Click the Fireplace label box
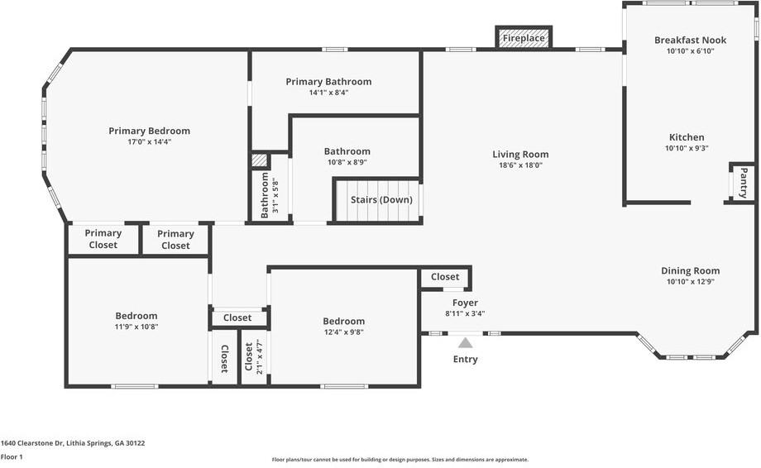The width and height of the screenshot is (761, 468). [x=523, y=37]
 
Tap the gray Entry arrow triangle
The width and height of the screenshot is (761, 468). [x=466, y=343]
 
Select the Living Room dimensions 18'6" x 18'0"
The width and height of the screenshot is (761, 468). [x=521, y=165]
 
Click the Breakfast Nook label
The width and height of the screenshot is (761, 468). [x=690, y=41]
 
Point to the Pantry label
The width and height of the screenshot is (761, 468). [x=743, y=183]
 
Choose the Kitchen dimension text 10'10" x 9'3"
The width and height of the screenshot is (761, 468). [x=687, y=148]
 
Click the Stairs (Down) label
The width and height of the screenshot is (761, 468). [x=381, y=200]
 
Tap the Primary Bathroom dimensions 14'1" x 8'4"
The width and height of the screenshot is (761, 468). [x=329, y=93]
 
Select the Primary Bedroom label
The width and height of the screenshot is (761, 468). [x=149, y=131]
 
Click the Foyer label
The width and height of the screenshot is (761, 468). [x=465, y=303]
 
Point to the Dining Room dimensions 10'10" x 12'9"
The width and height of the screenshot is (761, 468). [x=690, y=282]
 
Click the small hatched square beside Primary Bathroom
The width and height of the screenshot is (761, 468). [x=260, y=161]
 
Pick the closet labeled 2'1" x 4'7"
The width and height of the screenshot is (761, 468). [x=254, y=356]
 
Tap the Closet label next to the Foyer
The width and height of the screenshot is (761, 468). [x=445, y=276]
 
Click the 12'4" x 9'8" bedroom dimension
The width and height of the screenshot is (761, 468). [x=343, y=332]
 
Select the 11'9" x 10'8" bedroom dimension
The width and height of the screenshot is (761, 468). [x=136, y=327]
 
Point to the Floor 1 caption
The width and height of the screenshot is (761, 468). [x=12, y=457]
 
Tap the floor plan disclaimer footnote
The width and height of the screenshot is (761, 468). [x=400, y=459]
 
